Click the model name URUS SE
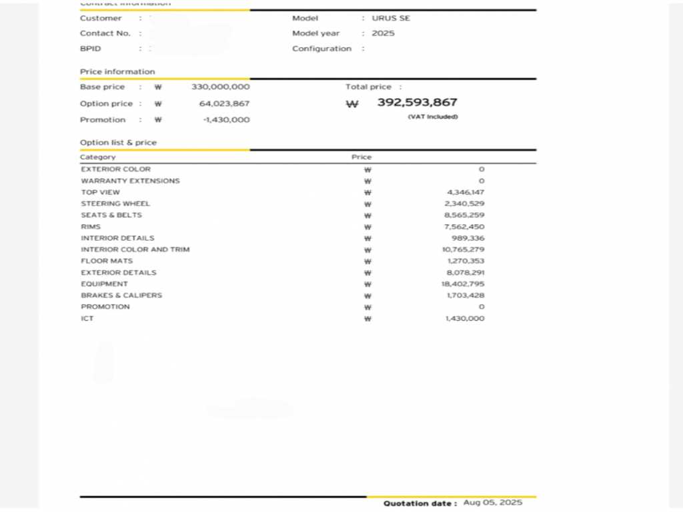pyautogui.click(x=391, y=18)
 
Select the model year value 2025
pyautogui.click(x=383, y=33)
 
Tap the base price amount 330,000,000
pyautogui.click(x=220, y=87)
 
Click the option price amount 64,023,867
pyautogui.click(x=224, y=103)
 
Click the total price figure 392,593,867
pyautogui.click(x=417, y=103)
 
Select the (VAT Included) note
pyautogui.click(x=433, y=117)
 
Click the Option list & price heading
pyautogui.click(x=118, y=143)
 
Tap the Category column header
pyautogui.click(x=98, y=157)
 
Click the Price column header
pyautogui.click(x=362, y=157)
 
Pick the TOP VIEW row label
pyautogui.click(x=101, y=192)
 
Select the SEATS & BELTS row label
pyautogui.click(x=111, y=215)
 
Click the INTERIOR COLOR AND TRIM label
pyautogui.click(x=135, y=249)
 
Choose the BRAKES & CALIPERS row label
pyautogui.click(x=121, y=295)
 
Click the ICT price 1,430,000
pyautogui.click(x=465, y=319)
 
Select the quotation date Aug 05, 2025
pyautogui.click(x=493, y=503)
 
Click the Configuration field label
pyautogui.click(x=321, y=49)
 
